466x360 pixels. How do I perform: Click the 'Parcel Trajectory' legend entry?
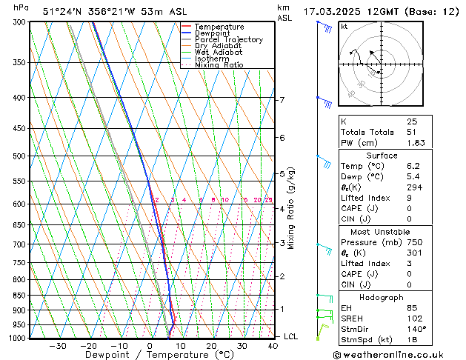click(x=228, y=39)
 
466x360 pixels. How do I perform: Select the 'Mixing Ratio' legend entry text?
click(x=219, y=65)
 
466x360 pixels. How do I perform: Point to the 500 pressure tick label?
click(x=19, y=156)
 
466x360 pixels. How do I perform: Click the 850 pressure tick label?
click(x=19, y=296)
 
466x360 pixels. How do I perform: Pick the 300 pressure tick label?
click(x=19, y=22)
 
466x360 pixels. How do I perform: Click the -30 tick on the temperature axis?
click(x=58, y=345)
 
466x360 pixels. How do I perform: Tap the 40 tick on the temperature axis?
click(x=273, y=345)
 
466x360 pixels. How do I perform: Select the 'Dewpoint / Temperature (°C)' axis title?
click(x=150, y=355)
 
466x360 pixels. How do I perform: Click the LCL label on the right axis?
click(x=291, y=336)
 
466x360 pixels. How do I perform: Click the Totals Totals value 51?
click(x=412, y=132)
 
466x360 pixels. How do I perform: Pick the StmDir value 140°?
click(x=416, y=328)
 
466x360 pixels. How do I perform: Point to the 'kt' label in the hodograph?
click(x=344, y=27)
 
